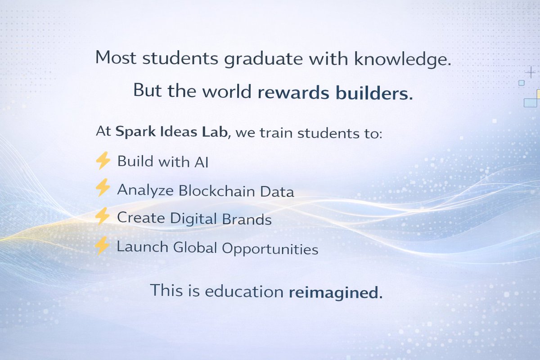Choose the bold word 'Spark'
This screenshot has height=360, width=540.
coord(134,132)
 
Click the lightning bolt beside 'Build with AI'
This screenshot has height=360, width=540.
coord(103,160)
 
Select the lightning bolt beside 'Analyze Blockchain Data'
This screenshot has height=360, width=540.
coord(103,188)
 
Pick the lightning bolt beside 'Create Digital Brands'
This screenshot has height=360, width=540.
coord(103,216)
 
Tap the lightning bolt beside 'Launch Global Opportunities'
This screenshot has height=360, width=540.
coord(103,246)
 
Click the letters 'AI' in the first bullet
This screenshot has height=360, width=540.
coord(201,162)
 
